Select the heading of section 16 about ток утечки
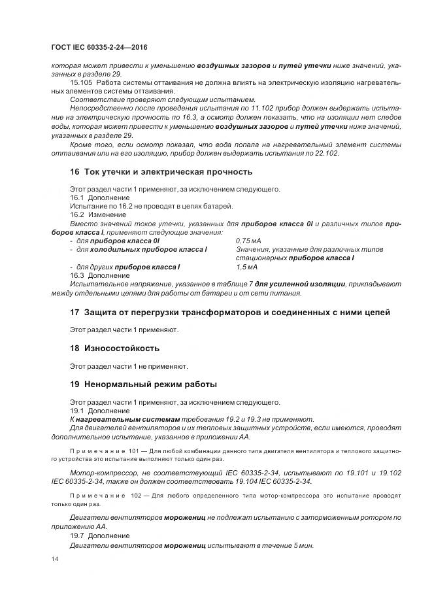click(x=161, y=172)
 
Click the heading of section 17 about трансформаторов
click(x=230, y=313)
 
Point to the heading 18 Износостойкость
click(x=114, y=348)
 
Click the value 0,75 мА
click(x=248, y=241)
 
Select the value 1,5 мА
click(x=246, y=267)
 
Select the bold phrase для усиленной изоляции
click(x=299, y=284)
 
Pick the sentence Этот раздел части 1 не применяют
click(x=129, y=366)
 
